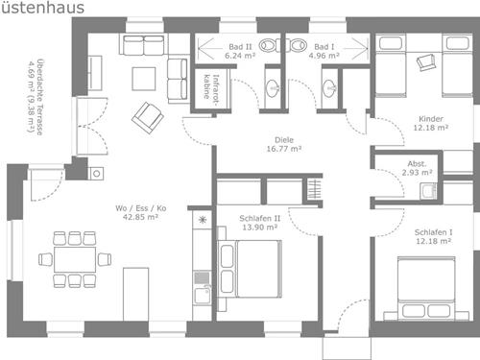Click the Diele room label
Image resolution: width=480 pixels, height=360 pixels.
[x=284, y=140]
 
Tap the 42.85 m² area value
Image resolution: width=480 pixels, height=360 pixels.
[x=140, y=217]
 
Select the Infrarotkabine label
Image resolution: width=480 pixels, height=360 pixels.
[x=211, y=86]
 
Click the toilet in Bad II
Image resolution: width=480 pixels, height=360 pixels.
[x=269, y=46]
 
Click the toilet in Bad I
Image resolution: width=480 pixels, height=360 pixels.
[x=297, y=45]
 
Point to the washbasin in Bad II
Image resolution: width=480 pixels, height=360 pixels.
[x=273, y=87]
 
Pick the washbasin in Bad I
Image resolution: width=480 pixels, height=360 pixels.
[x=329, y=87]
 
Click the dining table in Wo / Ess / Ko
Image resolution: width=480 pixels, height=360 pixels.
[x=75, y=259]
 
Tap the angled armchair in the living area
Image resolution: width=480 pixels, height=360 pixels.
[x=148, y=117]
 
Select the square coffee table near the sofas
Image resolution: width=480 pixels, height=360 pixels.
[x=144, y=79]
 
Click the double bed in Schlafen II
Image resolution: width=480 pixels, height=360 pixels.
[x=250, y=269]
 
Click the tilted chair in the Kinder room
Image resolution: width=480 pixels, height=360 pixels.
[x=426, y=62]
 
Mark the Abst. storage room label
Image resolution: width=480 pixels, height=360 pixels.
[x=417, y=164]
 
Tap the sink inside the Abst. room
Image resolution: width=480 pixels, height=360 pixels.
[x=429, y=191]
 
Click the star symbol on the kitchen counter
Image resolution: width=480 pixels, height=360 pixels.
[x=203, y=220]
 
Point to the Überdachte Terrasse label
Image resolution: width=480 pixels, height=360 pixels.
[x=36, y=97]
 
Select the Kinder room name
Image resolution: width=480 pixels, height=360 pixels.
[x=431, y=119]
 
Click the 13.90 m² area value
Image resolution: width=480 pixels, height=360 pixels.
[x=259, y=228]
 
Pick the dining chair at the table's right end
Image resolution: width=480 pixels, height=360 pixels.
[x=105, y=259]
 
